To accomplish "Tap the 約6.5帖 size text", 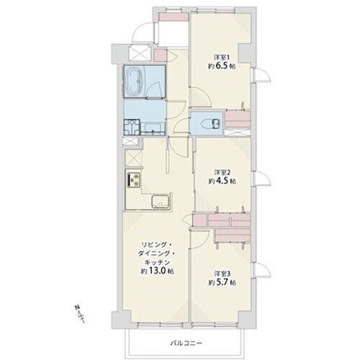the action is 222,66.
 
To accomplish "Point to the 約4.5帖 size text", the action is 222,181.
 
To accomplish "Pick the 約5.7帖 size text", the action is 222,282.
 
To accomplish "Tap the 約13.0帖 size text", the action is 157,271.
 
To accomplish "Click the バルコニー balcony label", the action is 186,343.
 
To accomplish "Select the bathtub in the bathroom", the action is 135,81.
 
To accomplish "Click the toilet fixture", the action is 210,124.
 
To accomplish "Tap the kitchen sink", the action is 161,202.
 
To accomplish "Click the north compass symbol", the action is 80,314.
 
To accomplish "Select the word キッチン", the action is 157,262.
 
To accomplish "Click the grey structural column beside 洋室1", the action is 245,53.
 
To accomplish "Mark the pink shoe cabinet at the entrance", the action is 174,17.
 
